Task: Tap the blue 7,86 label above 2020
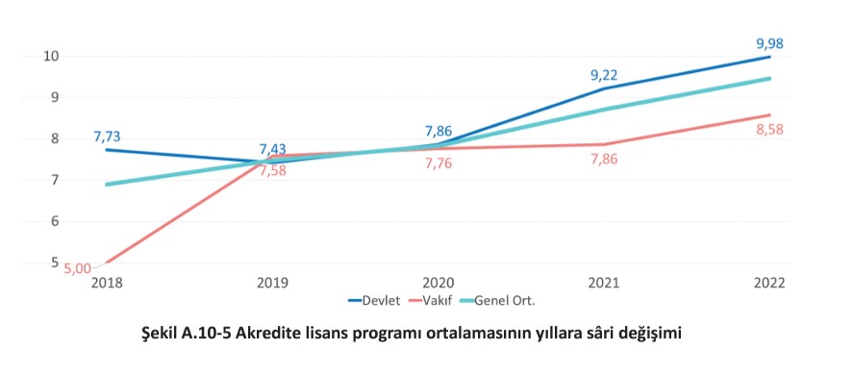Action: pyautogui.click(x=438, y=132)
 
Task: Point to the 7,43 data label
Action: pyautogui.click(x=273, y=149)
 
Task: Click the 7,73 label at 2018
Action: pyautogui.click(x=107, y=137)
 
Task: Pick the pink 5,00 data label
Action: pyautogui.click(x=78, y=269)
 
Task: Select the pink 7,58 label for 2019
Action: pyautogui.click(x=273, y=171)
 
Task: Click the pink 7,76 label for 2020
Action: pyautogui.click(x=438, y=163)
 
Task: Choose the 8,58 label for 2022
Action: pyautogui.click(x=769, y=130)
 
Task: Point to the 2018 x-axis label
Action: pyautogui.click(x=107, y=284)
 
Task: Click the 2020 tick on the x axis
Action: pyautogui.click(x=438, y=284)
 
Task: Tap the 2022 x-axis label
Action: pyautogui.click(x=769, y=284)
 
